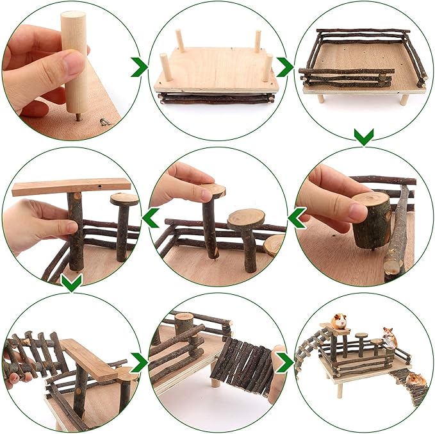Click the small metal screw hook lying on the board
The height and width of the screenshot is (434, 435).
(x=104, y=121)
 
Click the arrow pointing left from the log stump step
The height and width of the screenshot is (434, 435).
(x=296, y=218)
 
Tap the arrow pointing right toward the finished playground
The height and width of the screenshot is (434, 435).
(x=283, y=362)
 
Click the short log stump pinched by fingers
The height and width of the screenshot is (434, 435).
(x=372, y=219)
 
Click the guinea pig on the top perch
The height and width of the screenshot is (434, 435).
(x=338, y=321)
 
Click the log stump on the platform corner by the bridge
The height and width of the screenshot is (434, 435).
(x=183, y=324)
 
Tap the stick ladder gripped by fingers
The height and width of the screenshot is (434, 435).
(x=32, y=356)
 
